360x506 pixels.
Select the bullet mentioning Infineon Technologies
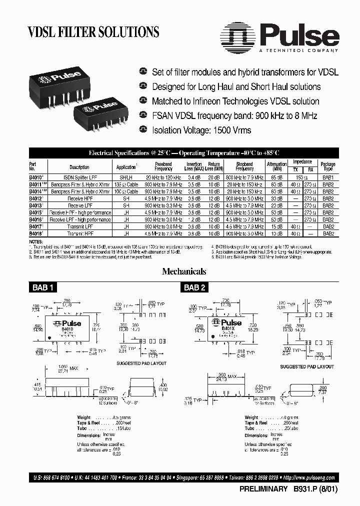[235, 101]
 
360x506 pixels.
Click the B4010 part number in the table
[35, 177]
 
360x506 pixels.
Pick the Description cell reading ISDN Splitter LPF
[79, 177]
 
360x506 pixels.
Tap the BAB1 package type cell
[328, 177]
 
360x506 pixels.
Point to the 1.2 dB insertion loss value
[194, 219]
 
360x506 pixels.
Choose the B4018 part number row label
[35, 233]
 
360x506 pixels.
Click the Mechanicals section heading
[184, 271]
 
